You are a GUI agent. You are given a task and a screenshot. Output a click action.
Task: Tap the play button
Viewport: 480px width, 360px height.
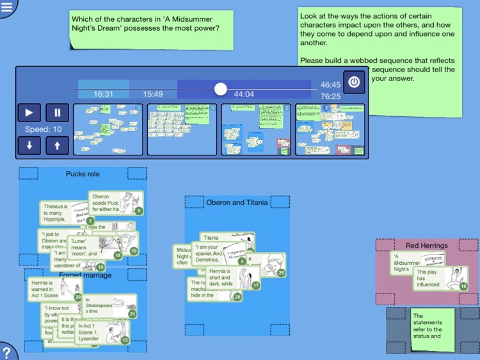click(x=29, y=113)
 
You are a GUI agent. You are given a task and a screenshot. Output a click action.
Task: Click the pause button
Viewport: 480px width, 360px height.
click(x=57, y=113)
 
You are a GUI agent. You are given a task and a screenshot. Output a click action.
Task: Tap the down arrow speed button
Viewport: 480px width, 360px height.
click(x=29, y=145)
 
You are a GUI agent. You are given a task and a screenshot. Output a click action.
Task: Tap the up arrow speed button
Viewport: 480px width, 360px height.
click(x=57, y=145)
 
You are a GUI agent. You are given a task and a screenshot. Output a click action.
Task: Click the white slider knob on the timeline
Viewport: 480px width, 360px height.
click(x=220, y=89)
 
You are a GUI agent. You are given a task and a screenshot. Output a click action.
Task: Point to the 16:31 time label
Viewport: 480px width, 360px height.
click(x=103, y=94)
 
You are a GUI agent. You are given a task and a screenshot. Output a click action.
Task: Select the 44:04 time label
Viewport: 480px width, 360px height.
click(x=244, y=94)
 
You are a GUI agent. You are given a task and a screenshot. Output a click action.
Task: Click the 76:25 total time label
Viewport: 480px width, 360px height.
click(x=330, y=97)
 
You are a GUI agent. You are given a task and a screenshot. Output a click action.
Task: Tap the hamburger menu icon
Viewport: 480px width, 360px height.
click(x=7, y=6)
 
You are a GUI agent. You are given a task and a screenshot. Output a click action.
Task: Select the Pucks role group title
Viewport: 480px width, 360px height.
click(x=83, y=174)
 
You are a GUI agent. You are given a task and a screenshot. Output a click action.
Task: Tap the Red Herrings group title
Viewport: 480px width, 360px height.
click(x=426, y=246)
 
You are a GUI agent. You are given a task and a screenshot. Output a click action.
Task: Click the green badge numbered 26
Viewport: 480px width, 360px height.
click(x=282, y=273)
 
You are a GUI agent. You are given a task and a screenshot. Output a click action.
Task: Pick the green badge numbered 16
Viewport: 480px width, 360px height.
click(x=463, y=286)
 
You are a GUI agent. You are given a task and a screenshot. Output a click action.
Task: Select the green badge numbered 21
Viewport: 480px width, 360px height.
click(x=132, y=314)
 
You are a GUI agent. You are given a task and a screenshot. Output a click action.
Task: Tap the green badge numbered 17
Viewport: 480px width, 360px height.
click(x=256, y=285)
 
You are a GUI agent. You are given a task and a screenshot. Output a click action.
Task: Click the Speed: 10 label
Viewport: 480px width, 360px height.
click(x=43, y=129)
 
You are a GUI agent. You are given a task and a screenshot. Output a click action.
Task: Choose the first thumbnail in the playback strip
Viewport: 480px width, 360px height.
click(x=109, y=129)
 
